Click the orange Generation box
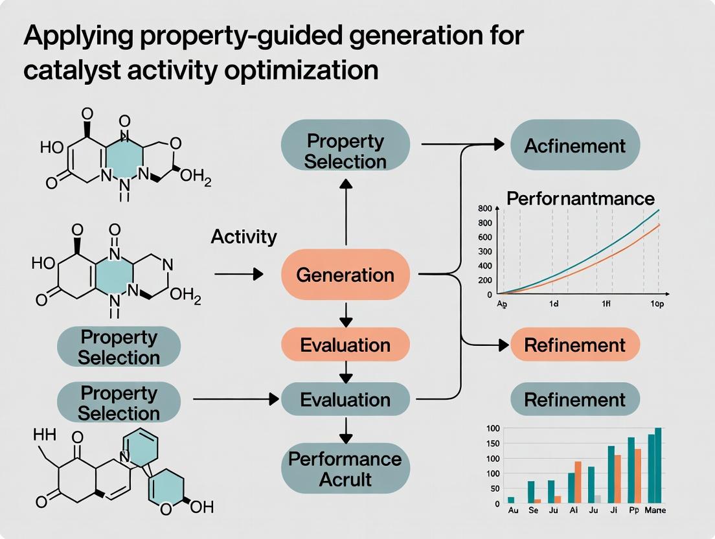(x=345, y=275)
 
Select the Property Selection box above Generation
(x=345, y=151)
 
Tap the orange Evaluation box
(x=345, y=345)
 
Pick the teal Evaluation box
(x=345, y=400)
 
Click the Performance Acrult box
(x=345, y=469)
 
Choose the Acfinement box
(x=575, y=145)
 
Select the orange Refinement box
(x=575, y=345)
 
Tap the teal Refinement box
(x=575, y=400)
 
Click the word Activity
(x=244, y=237)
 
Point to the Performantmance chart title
(x=580, y=198)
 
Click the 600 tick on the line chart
(x=485, y=237)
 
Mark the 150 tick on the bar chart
(x=492, y=443)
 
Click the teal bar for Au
(x=511, y=499)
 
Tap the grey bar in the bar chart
(x=598, y=499)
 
